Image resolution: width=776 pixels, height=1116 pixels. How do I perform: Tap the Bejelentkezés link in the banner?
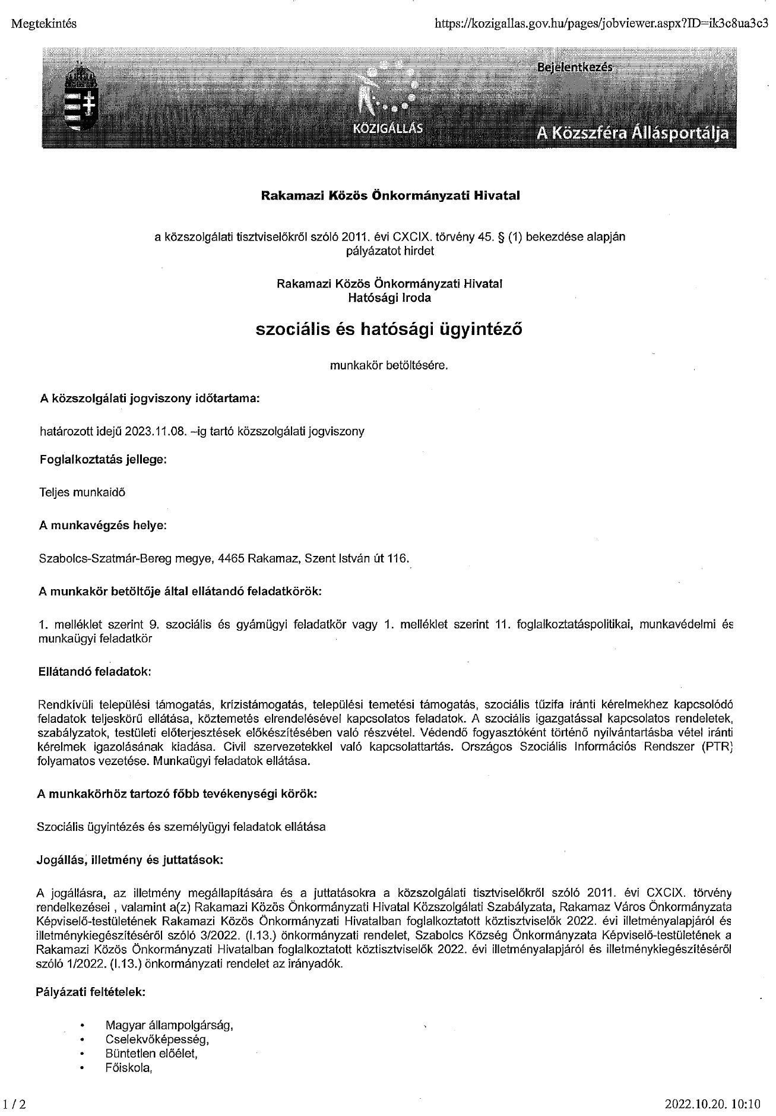click(x=574, y=68)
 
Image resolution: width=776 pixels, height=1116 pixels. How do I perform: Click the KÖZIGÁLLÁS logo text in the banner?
click(x=388, y=128)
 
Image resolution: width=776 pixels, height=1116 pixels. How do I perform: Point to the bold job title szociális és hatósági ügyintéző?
click(x=389, y=329)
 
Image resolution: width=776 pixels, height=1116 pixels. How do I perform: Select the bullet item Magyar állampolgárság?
click(x=169, y=1025)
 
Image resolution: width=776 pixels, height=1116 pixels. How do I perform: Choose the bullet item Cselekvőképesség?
click(x=157, y=1040)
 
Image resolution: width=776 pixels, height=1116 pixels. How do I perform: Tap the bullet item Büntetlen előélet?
click(x=151, y=1054)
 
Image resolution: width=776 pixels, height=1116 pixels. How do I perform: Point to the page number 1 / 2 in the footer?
click(x=15, y=1105)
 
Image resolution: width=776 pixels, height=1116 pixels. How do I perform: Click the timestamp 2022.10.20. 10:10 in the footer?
click(x=712, y=1105)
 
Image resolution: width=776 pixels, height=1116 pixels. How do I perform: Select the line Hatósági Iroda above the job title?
click(x=389, y=298)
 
